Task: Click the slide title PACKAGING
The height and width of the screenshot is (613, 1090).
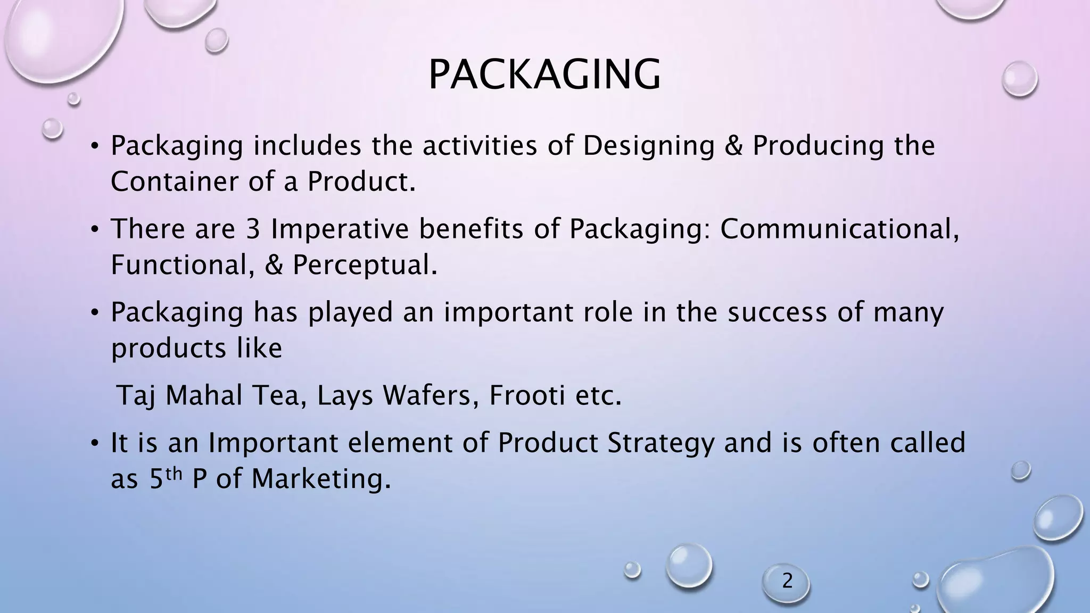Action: click(x=544, y=75)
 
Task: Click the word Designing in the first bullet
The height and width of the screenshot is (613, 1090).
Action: click(x=648, y=146)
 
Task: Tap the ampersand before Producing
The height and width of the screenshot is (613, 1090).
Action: click(x=733, y=146)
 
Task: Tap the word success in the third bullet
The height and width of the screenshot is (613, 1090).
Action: click(x=777, y=312)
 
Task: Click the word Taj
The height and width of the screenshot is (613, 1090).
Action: click(x=135, y=396)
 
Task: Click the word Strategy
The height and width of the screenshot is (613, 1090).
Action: click(x=660, y=443)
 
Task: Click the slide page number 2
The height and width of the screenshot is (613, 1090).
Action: click(x=787, y=581)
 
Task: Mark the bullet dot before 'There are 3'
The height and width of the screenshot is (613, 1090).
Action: click(x=95, y=230)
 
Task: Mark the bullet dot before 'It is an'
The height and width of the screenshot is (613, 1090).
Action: click(x=95, y=443)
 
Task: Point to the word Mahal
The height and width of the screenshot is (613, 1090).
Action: click(x=204, y=396)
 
